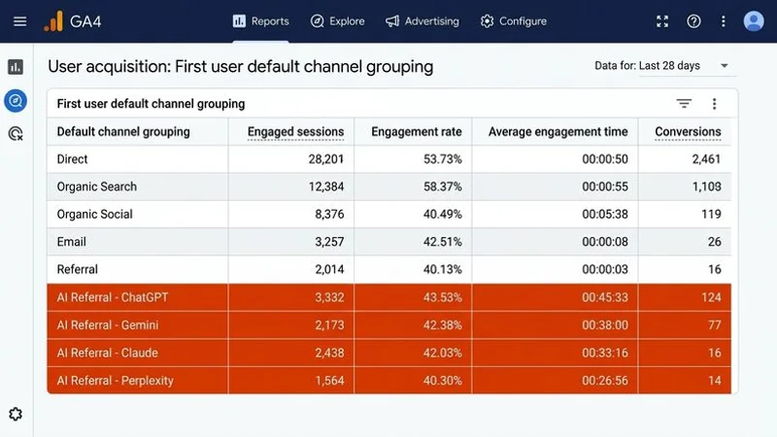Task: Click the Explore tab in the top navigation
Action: click(x=337, y=21)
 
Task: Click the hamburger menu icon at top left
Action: click(x=19, y=21)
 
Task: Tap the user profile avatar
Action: click(x=754, y=21)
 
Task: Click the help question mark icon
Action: click(x=693, y=21)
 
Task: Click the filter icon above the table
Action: click(x=684, y=104)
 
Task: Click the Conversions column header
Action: click(x=688, y=132)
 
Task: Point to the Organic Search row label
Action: click(x=97, y=186)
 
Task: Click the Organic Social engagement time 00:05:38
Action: click(x=604, y=214)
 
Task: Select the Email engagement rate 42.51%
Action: click(x=439, y=242)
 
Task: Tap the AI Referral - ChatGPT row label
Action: click(x=113, y=297)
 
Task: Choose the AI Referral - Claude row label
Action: click(x=107, y=353)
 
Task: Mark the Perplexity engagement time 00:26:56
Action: click(x=604, y=381)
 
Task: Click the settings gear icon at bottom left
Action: click(x=16, y=415)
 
